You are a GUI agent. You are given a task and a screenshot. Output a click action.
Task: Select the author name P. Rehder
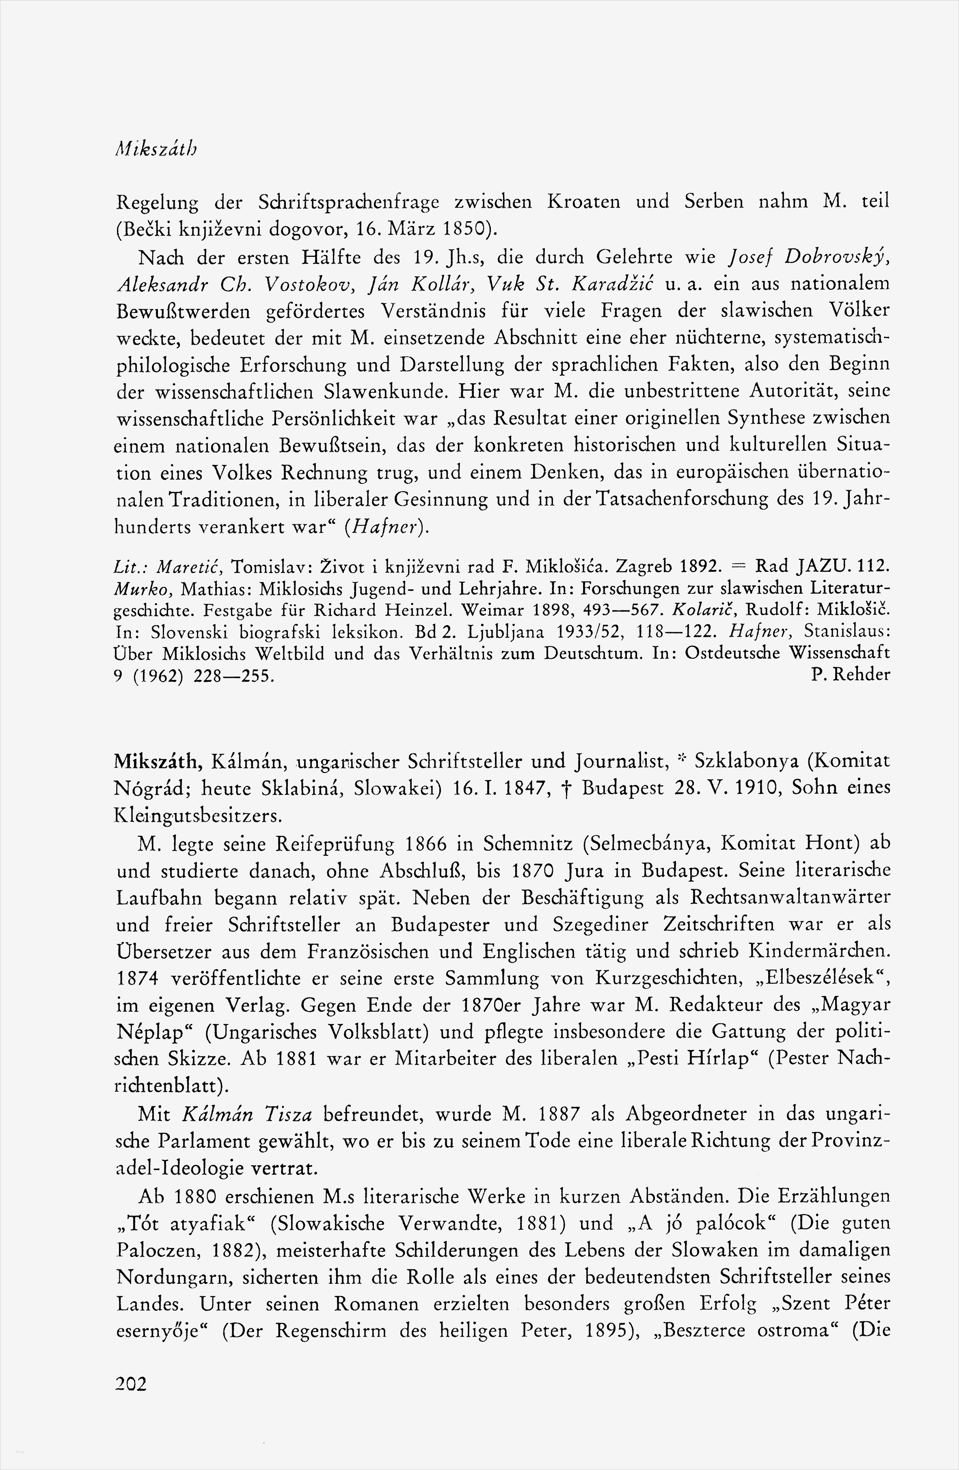pos(850,675)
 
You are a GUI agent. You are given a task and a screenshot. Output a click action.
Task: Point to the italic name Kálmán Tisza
pos(248,1114)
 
